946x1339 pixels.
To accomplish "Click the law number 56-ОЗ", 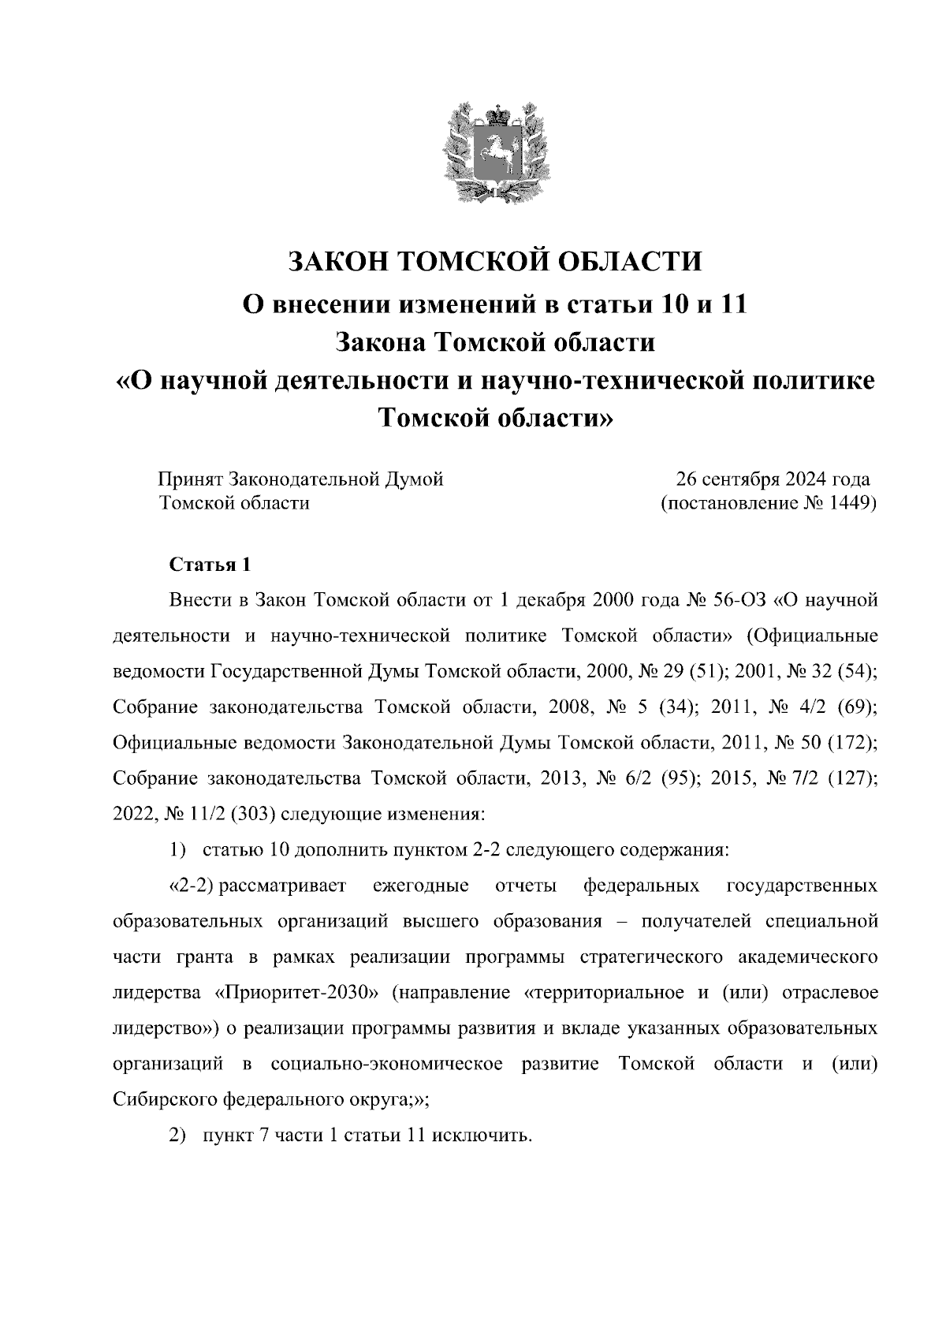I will (x=739, y=601).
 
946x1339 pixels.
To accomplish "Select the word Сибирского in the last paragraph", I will (x=165, y=1099).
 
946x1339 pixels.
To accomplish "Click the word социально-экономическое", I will (x=386, y=1064).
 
